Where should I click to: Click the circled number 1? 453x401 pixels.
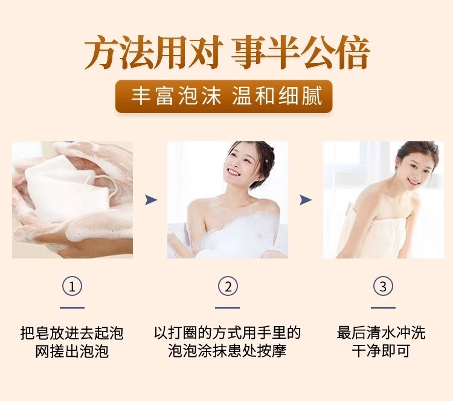click(72, 287)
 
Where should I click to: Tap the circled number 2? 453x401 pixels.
click(228, 287)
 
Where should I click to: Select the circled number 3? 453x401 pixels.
click(383, 287)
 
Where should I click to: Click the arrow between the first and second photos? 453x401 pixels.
click(151, 200)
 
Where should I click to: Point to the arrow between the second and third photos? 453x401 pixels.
click(306, 200)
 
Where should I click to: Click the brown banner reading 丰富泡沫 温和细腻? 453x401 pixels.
click(224, 96)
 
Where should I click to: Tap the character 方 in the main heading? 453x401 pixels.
click(101, 53)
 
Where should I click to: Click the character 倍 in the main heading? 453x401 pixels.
click(352, 53)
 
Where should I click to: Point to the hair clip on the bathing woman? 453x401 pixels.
click(266, 161)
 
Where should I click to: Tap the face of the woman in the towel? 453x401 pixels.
click(416, 170)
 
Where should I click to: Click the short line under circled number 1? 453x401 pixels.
click(72, 307)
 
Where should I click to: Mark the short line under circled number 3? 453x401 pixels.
click(383, 307)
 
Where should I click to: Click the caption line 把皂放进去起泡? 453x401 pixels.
click(72, 333)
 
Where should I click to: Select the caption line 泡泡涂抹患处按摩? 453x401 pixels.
click(227, 351)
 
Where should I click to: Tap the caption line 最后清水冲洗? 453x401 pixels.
click(381, 333)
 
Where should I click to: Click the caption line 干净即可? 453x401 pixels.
click(381, 351)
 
